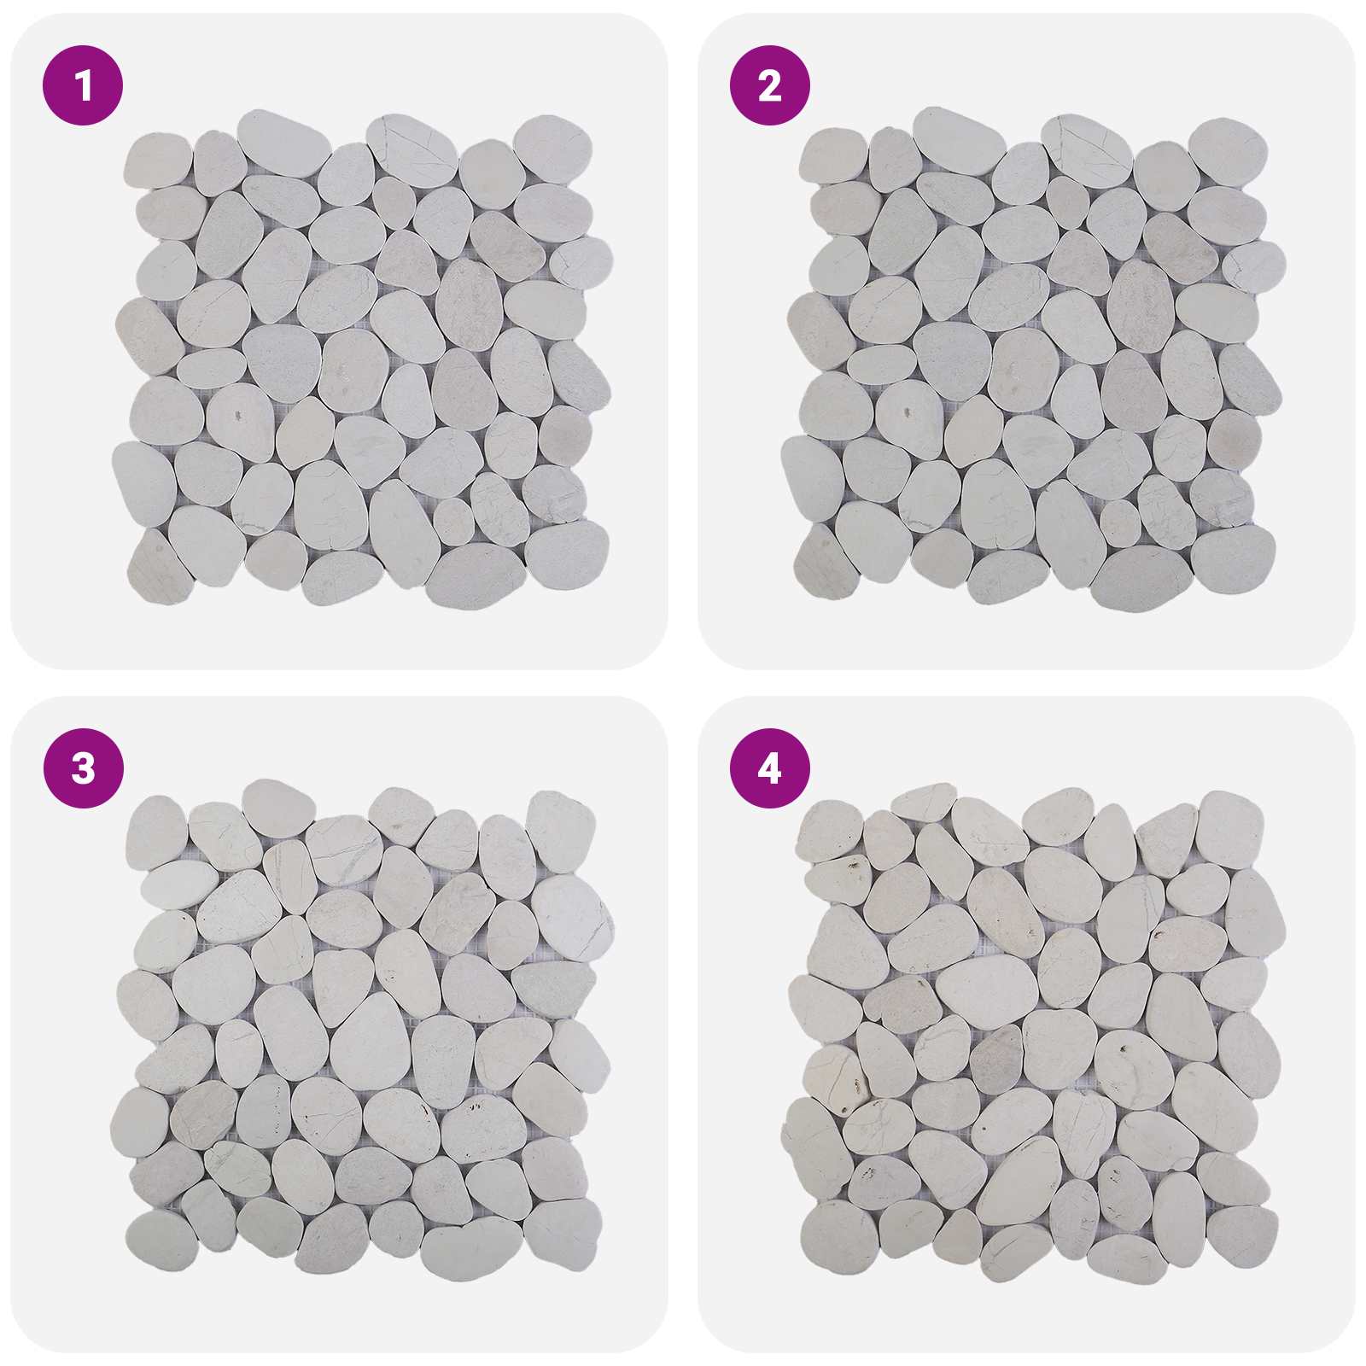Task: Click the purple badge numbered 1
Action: [83, 85]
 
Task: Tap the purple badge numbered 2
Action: [769, 85]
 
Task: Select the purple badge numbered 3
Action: [83, 768]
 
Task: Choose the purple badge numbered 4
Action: [769, 768]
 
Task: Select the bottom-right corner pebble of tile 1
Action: [566, 554]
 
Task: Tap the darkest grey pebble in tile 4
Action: [996, 1058]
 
